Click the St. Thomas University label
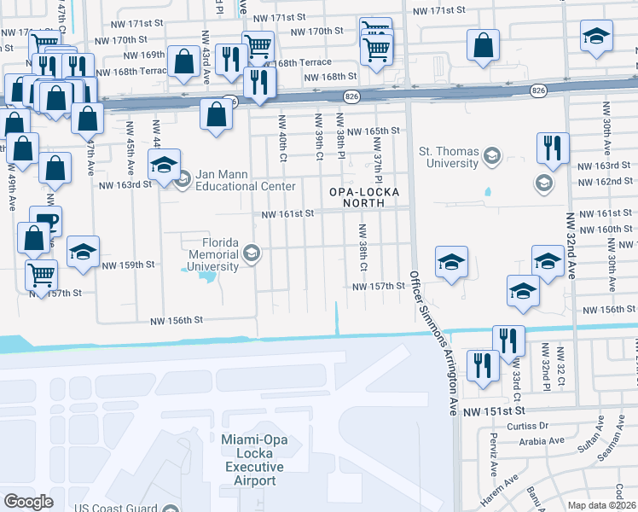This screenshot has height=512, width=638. (448, 157)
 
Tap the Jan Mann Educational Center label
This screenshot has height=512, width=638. (246, 180)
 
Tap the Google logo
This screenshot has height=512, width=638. (29, 502)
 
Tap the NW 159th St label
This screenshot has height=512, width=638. (128, 265)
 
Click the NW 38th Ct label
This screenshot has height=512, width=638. (362, 248)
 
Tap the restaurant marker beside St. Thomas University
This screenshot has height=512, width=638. (553, 148)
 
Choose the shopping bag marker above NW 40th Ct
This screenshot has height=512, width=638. (217, 113)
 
